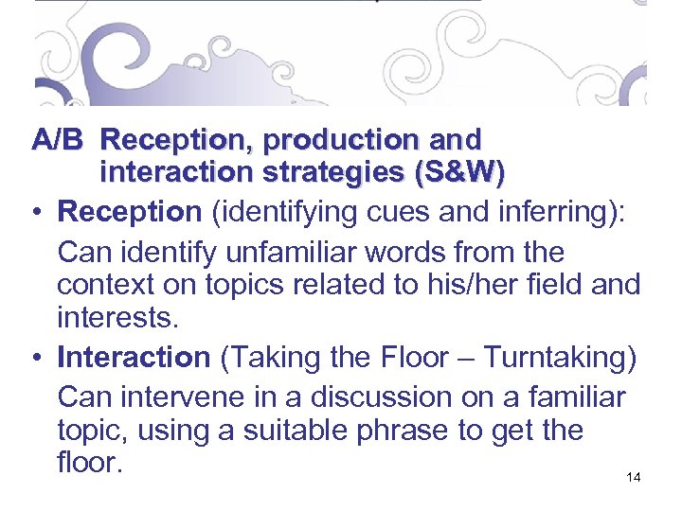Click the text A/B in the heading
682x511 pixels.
(58, 140)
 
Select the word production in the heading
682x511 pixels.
(338, 140)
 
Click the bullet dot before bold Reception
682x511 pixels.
(39, 212)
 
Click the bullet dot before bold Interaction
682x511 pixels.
(39, 359)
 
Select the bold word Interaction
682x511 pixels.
(134, 358)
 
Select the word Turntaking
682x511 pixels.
(559, 358)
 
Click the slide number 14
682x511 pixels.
(634, 478)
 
